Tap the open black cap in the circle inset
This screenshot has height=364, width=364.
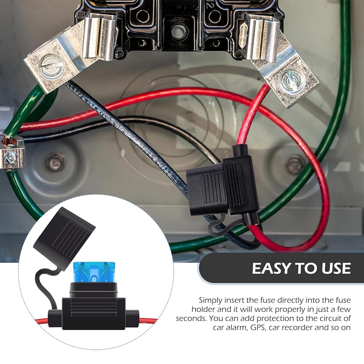tap(64, 231)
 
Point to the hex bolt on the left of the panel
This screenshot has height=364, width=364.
tap(55, 162)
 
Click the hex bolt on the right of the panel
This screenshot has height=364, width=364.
tap(294, 165)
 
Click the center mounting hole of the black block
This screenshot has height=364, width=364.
tap(178, 32)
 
